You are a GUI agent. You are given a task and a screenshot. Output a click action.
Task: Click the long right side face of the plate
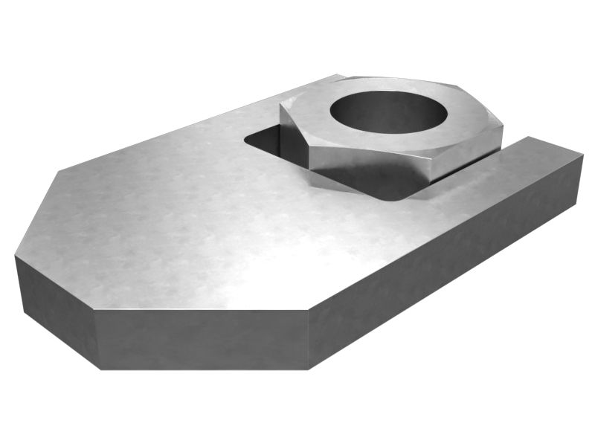click(x=446, y=253)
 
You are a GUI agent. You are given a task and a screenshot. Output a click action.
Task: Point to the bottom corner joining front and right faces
click(x=308, y=368)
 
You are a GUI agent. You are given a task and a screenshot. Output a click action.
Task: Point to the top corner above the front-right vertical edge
click(x=308, y=311)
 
